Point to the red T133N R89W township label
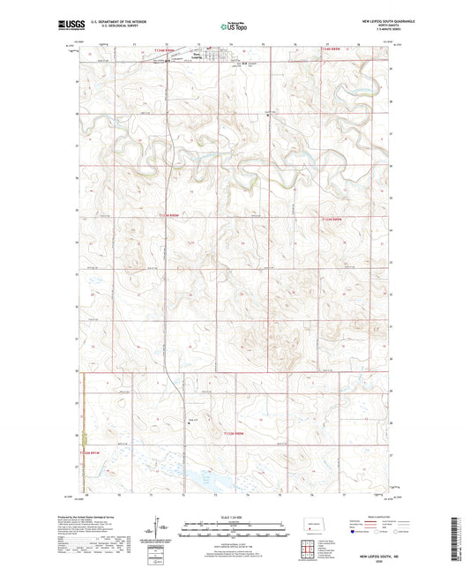(x=339, y=217)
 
